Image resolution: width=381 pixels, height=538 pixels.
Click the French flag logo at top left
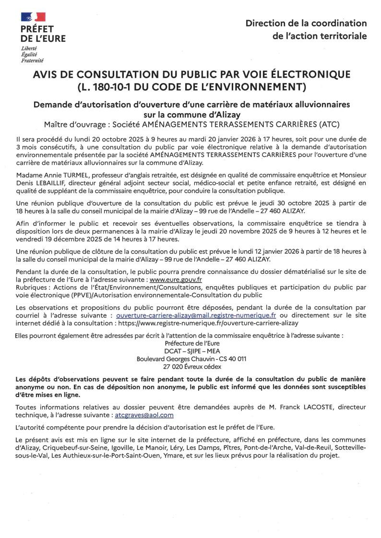tap(33, 17)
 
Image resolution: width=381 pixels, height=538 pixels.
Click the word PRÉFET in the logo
tap(37, 29)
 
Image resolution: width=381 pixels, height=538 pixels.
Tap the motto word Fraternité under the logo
tap(32, 60)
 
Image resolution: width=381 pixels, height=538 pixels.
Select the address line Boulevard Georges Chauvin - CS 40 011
tap(191, 359)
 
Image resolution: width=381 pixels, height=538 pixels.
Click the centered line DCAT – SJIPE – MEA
tap(191, 351)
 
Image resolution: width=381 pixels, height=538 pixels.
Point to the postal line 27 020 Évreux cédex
tap(191, 366)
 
